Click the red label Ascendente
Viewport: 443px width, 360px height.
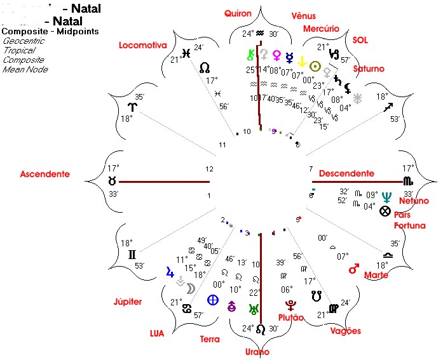[45, 174]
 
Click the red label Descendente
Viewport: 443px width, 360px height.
[346, 173]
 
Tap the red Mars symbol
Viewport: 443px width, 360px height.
[354, 269]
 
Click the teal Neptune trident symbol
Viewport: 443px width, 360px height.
[386, 196]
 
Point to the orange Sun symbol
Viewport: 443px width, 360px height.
[314, 66]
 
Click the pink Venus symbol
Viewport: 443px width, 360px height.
[277, 55]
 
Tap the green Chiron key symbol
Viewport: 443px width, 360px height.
[251, 55]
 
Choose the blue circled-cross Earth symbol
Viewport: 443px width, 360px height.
[214, 300]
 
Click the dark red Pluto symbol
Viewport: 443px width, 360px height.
[290, 305]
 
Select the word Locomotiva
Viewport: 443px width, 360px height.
[142, 45]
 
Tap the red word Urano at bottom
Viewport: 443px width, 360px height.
[256, 352]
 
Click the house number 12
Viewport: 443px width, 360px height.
[210, 169]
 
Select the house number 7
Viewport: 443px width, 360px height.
[311, 169]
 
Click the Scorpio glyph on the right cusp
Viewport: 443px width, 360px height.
[407, 182]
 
